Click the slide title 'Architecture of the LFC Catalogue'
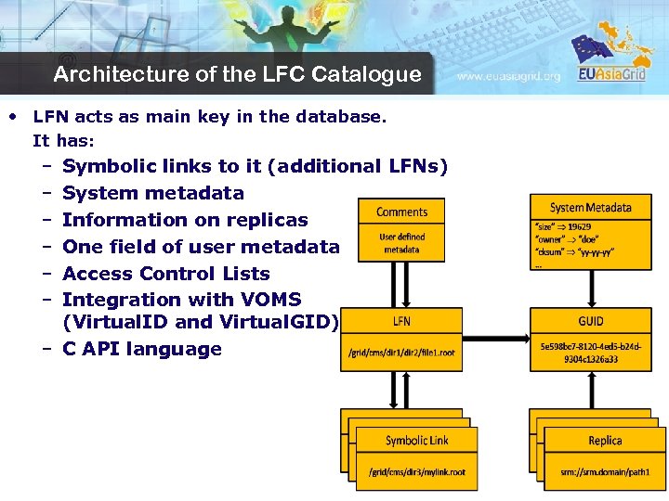click(x=237, y=74)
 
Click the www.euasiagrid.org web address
click(x=508, y=77)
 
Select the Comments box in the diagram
click(x=401, y=212)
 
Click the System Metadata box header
click(x=590, y=208)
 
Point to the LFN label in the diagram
click(x=401, y=321)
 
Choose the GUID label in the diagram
click(x=590, y=321)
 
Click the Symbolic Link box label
click(x=416, y=440)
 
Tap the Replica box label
click(x=605, y=440)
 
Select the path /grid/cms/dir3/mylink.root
click(x=416, y=472)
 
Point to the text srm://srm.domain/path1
click(x=605, y=472)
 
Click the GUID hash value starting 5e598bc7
click(x=591, y=353)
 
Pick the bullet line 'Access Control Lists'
click(x=165, y=274)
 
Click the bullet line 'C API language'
click(x=142, y=350)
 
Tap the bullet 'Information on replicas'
click(x=185, y=220)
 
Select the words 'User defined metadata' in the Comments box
click(x=401, y=243)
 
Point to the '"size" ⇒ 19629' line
click(x=563, y=226)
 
